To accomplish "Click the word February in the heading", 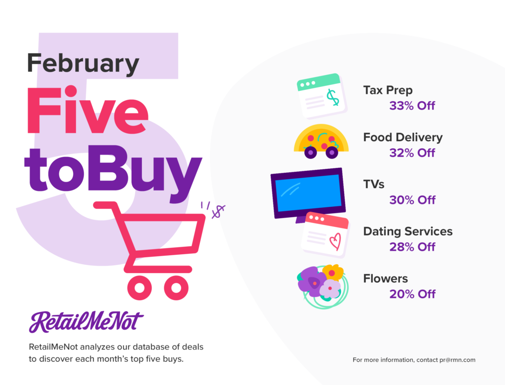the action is coord(83,64).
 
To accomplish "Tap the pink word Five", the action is coord(87,110).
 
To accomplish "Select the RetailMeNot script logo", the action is coord(86,321).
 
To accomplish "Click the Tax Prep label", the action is coord(388,90).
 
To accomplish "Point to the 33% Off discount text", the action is coord(412,106).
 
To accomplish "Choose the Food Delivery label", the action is coord(403,137).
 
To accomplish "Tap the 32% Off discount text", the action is coord(412,153).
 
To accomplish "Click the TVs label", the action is coord(374,184).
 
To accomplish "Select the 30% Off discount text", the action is coord(412,200).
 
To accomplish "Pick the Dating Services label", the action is coord(408,231).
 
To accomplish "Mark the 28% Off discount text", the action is coord(412,247).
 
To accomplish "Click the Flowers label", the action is coord(386,278).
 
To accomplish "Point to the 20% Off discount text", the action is coord(412,294).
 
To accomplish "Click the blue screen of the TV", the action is coord(309,193).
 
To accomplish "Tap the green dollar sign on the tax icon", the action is coord(333,97).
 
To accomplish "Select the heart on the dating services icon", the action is coord(335,241).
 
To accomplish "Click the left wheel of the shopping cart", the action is coord(140,287).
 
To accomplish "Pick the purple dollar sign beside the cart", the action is coord(218,212).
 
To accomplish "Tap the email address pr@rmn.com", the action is coord(457,360).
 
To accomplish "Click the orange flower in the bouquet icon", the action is coord(333,272).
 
